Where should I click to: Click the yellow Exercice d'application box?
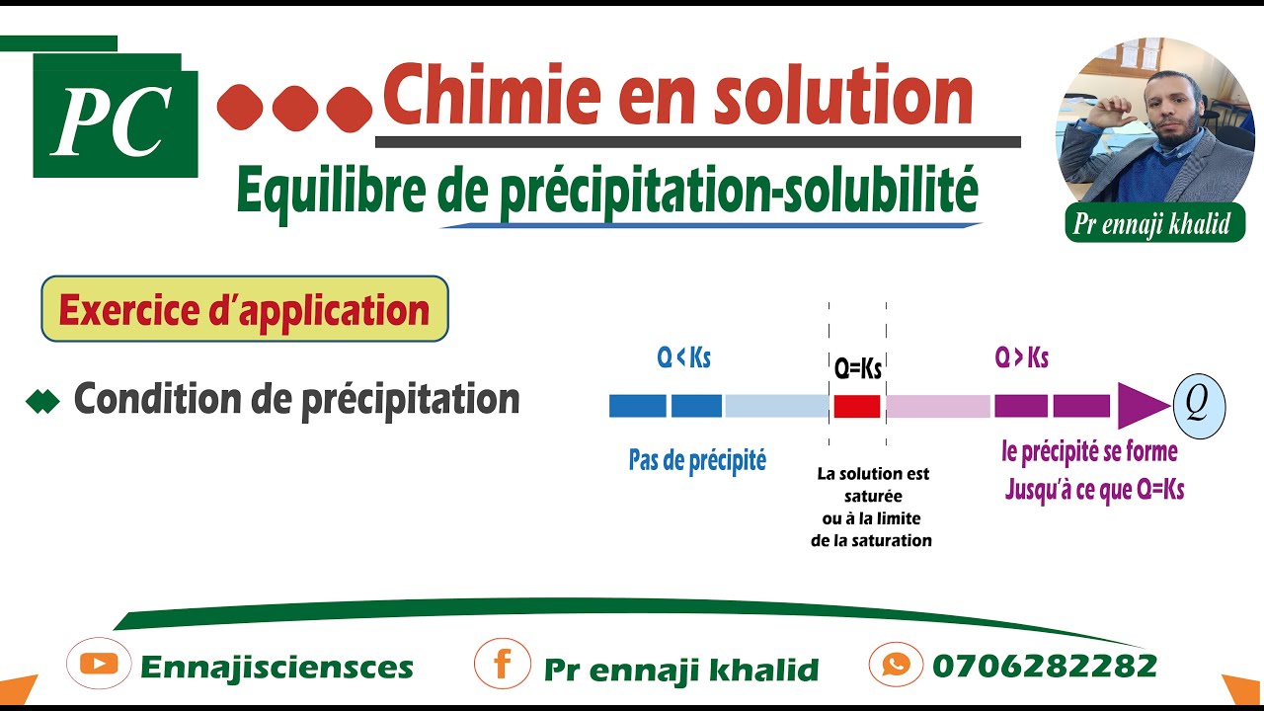[244, 310]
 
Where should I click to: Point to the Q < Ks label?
[683, 358]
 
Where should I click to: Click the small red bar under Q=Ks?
[856, 406]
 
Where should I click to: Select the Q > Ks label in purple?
[1021, 358]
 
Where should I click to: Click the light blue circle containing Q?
[1199, 406]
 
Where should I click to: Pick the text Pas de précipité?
[697, 460]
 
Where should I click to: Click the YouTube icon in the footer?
[99, 665]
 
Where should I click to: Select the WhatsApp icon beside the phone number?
[897, 665]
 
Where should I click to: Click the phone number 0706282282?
[1044, 666]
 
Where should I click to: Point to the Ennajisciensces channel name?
[276, 668]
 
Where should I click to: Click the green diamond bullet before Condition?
[43, 401]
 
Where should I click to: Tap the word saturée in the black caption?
[873, 496]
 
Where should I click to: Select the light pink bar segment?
[937, 406]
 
